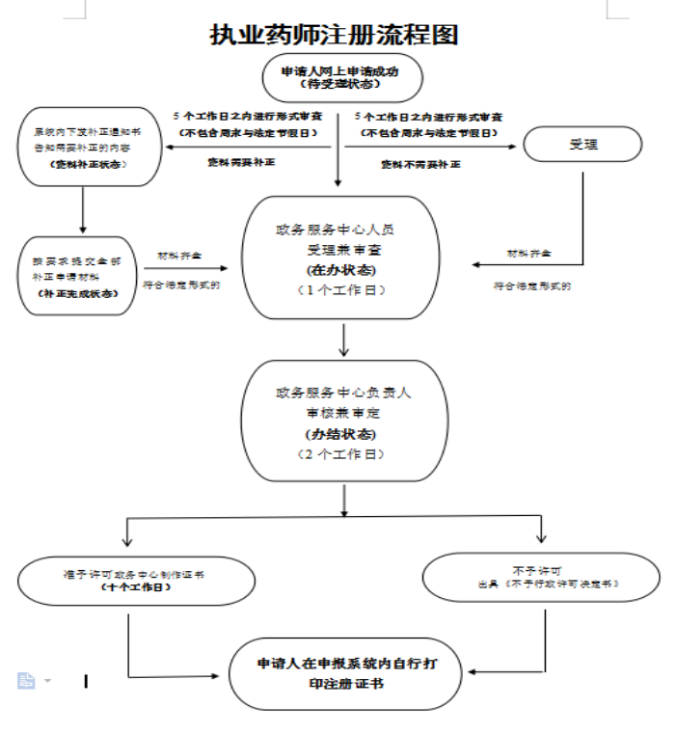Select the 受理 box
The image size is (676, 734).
click(x=581, y=145)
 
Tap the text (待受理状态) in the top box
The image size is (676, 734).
click(x=338, y=84)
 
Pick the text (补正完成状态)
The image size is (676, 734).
click(x=81, y=293)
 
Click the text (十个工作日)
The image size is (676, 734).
click(x=135, y=586)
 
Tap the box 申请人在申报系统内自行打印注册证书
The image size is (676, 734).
click(x=346, y=673)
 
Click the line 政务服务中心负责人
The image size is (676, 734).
click(x=343, y=394)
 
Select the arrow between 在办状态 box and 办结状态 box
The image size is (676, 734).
click(x=343, y=340)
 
